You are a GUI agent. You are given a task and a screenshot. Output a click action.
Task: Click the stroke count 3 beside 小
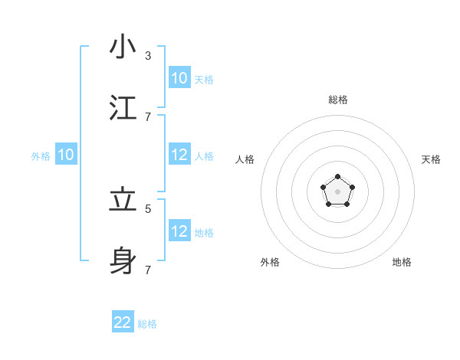coord(148,56)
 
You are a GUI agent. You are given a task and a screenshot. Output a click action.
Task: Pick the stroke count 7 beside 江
coord(148,116)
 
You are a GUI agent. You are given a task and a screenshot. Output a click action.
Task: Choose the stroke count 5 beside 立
coord(148,208)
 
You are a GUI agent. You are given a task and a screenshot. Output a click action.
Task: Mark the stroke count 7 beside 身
coord(148,270)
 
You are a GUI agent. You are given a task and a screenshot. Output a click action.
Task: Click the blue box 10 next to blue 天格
coord(179,78)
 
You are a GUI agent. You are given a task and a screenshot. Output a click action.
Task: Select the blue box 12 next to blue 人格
coord(179,155)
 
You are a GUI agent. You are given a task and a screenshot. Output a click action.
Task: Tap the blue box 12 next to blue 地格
coord(179,231)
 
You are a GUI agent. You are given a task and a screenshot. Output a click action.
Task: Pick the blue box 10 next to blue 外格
coord(66,155)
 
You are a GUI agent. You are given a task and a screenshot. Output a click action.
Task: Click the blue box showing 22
coord(123,322)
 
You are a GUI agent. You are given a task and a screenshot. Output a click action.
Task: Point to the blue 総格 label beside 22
coord(147,324)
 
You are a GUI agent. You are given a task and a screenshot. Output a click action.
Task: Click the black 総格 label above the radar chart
coord(337,100)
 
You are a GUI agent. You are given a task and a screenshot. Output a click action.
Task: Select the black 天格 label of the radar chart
coord(431,159)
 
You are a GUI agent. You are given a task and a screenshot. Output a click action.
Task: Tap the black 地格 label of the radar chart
coord(402,262)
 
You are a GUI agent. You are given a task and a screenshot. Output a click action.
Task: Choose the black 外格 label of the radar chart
coord(270,262)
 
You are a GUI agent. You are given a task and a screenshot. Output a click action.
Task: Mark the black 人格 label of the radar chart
coord(245,159)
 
